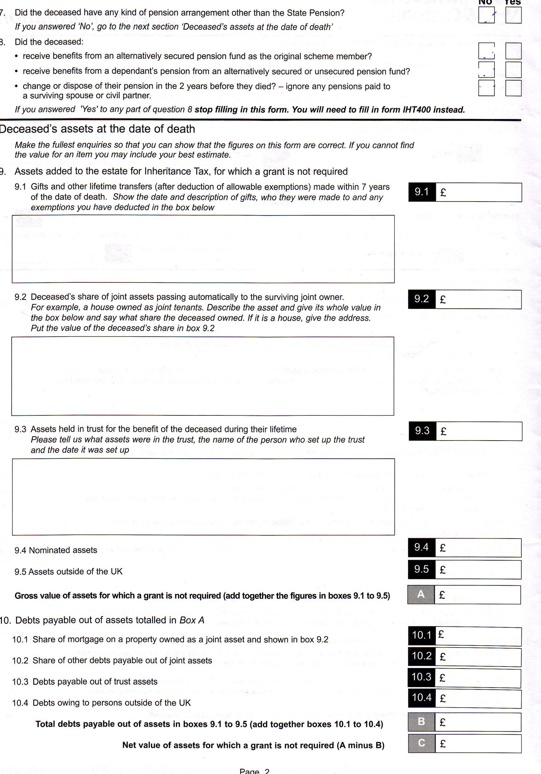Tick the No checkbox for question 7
pyautogui.click(x=486, y=15)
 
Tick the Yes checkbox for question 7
pyautogui.click(x=513, y=15)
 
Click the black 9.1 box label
pyautogui.click(x=422, y=192)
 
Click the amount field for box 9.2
pyautogui.click(x=478, y=299)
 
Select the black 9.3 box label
pyautogui.click(x=422, y=431)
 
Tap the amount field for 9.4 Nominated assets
pyautogui.click(x=478, y=548)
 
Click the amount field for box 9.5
pyautogui.click(x=478, y=570)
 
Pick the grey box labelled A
pyautogui.click(x=421, y=595)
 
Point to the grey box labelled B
pyautogui.click(x=421, y=722)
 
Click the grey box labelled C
pyautogui.click(x=421, y=743)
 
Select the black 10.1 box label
pyautogui.click(x=422, y=635)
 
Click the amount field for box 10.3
pyautogui.click(x=478, y=678)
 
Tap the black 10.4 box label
pyautogui.click(x=422, y=698)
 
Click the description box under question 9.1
pyautogui.click(x=203, y=249)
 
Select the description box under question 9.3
pyautogui.click(x=203, y=497)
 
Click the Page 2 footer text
pyautogui.click(x=254, y=771)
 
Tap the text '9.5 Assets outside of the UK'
pyautogui.click(x=68, y=572)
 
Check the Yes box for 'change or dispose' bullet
pyautogui.click(x=513, y=88)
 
